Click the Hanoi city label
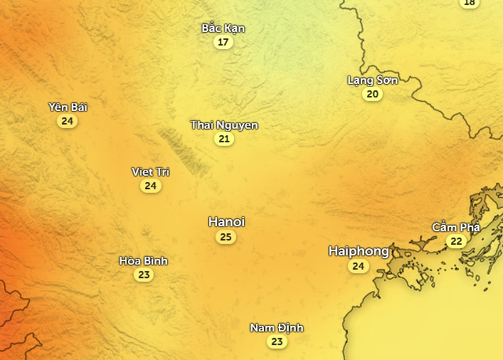[226, 222]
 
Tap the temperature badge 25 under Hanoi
[226, 237]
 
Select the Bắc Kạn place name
[223, 28]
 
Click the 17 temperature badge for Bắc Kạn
[223, 42]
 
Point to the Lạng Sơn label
[372, 80]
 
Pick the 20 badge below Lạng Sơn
[372, 94]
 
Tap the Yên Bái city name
[68, 107]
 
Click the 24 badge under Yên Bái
[68, 121]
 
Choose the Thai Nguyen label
[224, 125]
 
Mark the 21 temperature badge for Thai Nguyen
[224, 139]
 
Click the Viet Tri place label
[150, 172]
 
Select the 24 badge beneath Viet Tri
[150, 186]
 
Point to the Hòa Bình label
[144, 261]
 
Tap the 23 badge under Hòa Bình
[144, 275]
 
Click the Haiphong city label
[359, 251]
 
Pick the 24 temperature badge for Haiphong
[359, 267]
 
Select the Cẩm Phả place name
[456, 228]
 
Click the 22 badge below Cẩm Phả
[456, 242]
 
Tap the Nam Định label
[277, 328]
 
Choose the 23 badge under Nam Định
[277, 342]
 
